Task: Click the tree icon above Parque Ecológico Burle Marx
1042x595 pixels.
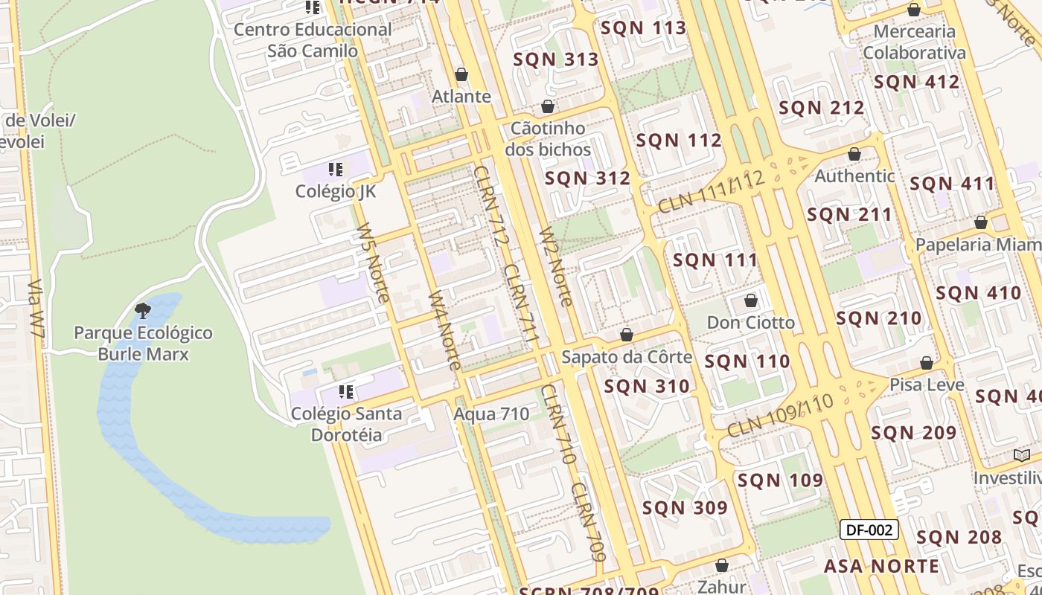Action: (143, 310)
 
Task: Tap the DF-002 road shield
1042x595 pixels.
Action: (869, 530)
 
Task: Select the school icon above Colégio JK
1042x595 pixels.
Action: (336, 170)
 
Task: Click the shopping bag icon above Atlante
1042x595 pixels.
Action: (461, 74)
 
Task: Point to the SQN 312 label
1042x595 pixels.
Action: (587, 178)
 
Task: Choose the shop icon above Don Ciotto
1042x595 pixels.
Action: (751, 300)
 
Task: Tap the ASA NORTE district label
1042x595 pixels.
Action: (881, 566)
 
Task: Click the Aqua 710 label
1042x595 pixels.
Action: (492, 414)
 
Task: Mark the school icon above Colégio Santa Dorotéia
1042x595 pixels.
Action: (346, 391)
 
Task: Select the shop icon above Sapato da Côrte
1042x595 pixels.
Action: (627, 335)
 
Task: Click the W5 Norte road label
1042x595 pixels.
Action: (372, 263)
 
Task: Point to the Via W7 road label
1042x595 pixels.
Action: (36, 311)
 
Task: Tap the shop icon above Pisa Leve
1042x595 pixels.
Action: (927, 363)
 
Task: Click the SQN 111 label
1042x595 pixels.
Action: (715, 260)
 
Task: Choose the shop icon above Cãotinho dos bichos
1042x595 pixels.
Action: (548, 106)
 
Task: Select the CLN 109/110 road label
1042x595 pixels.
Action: (779, 416)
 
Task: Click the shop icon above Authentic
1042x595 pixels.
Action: (854, 154)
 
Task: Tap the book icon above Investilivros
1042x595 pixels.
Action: (1021, 455)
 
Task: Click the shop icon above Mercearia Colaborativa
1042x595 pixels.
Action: (914, 10)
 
